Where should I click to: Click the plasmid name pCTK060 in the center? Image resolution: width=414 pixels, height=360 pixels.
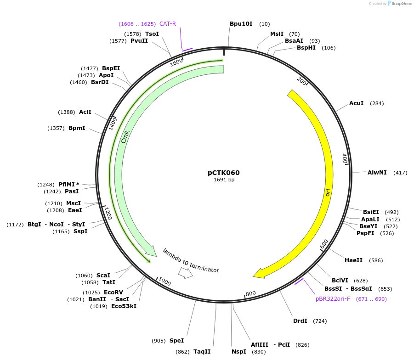click(224, 173)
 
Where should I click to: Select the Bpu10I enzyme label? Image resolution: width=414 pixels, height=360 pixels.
click(241, 24)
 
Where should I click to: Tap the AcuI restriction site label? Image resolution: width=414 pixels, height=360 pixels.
click(356, 103)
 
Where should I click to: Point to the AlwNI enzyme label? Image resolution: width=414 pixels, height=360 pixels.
click(377, 173)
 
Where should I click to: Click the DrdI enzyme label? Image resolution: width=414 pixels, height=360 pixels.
click(300, 321)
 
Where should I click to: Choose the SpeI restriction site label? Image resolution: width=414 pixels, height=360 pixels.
click(176, 341)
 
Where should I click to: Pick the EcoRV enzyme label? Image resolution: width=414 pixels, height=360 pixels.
click(113, 292)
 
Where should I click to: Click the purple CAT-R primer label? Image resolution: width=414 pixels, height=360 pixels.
click(168, 24)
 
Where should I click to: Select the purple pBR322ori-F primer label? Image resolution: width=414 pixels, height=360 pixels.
click(333, 299)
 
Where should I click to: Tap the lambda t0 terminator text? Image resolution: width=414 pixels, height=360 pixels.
click(191, 260)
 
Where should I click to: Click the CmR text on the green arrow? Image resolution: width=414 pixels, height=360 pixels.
click(125, 136)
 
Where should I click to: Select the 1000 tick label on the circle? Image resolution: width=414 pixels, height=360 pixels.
click(164, 282)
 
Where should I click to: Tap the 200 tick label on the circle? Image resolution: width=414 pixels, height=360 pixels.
click(301, 81)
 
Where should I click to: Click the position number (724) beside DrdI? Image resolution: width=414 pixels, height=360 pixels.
click(320, 321)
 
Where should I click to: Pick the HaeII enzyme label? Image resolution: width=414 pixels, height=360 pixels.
click(353, 260)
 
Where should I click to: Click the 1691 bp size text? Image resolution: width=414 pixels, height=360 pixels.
click(224, 180)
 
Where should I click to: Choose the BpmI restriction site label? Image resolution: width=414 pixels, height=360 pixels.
click(77, 128)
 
